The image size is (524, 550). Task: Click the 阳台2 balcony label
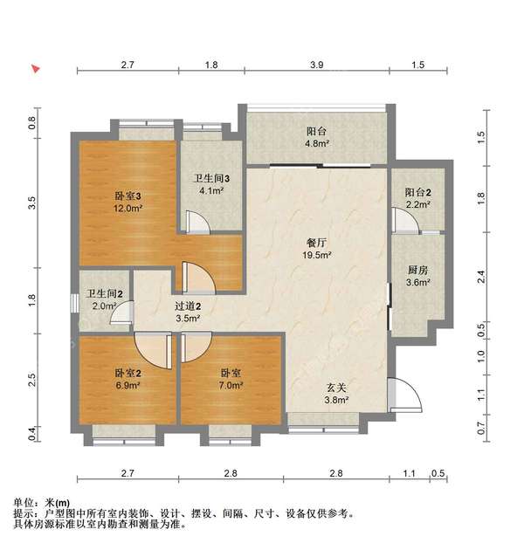pos(417,193)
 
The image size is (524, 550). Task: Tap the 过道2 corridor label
pos(188,306)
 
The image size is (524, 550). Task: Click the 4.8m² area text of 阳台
pos(315,144)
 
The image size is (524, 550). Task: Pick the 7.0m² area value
pos(232,385)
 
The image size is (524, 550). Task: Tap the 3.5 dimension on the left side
pos(32,204)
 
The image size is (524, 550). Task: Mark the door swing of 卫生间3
pos(200,225)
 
